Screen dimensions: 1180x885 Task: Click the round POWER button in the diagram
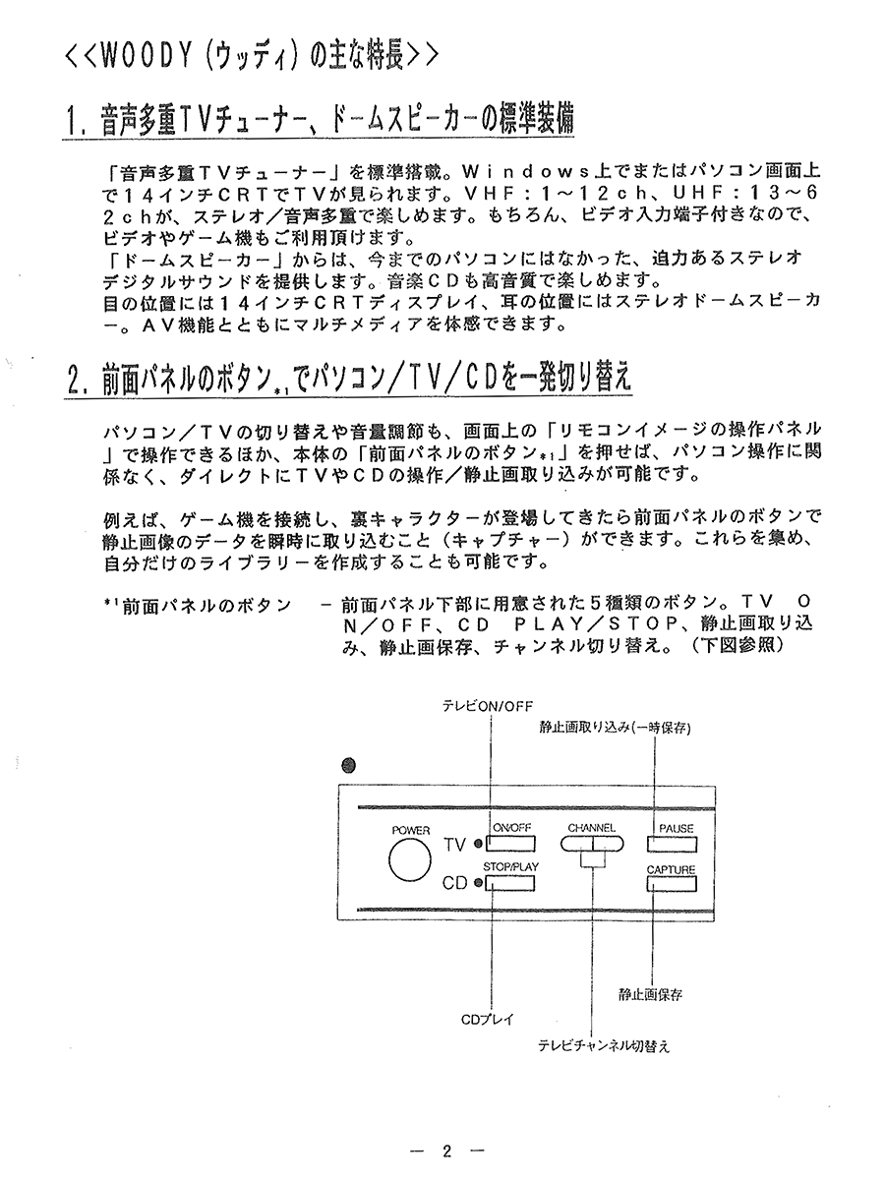[x=411, y=860]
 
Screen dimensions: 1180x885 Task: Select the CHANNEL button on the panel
[x=591, y=843]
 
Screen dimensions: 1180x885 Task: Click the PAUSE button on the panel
[x=676, y=843]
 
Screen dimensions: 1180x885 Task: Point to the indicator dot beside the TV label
[x=477, y=845]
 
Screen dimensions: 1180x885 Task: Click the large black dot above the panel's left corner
[x=347, y=766]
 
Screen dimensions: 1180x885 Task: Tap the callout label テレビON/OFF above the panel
[x=486, y=706]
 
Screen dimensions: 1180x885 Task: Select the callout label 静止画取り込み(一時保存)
[x=617, y=728]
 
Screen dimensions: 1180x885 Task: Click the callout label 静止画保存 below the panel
[x=650, y=995]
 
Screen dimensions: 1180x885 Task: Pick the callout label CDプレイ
[x=488, y=1019]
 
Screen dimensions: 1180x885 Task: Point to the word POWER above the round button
[x=411, y=830]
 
